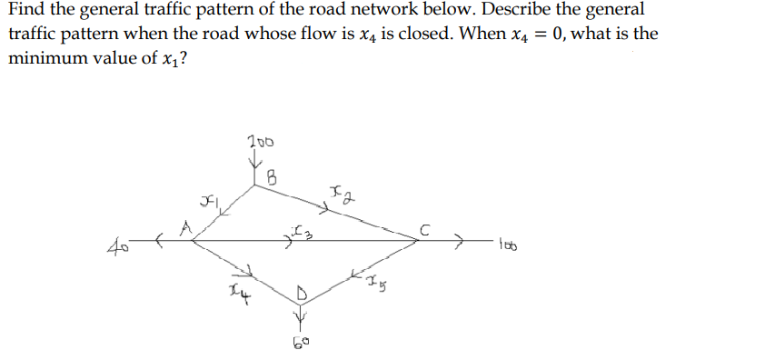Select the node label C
click(423, 229)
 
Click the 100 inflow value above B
click(259, 142)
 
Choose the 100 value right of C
click(509, 243)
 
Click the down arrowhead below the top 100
click(257, 164)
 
